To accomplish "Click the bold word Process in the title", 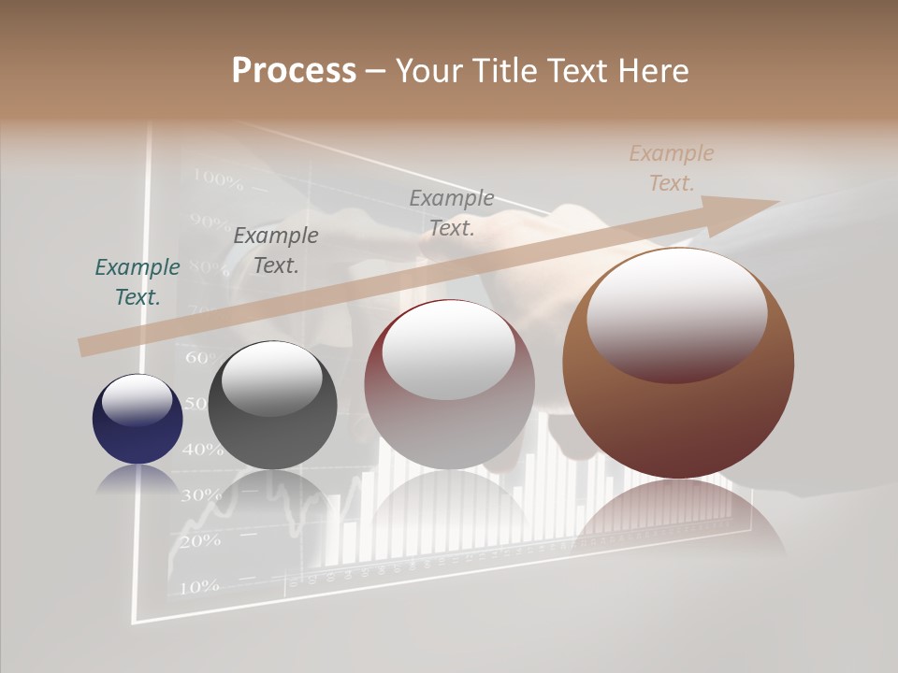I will pyautogui.click(x=294, y=71).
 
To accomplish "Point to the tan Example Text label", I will pyautogui.click(x=672, y=168).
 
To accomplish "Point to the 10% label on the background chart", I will pyautogui.click(x=198, y=587).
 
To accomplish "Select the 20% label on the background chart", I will pyautogui.click(x=198, y=540).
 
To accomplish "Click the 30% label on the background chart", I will pyautogui.click(x=199, y=494).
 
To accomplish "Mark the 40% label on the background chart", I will pyautogui.click(x=202, y=450).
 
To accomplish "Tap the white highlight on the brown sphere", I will pyautogui.click(x=677, y=313).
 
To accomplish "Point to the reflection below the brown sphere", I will pyautogui.click(x=677, y=514).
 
